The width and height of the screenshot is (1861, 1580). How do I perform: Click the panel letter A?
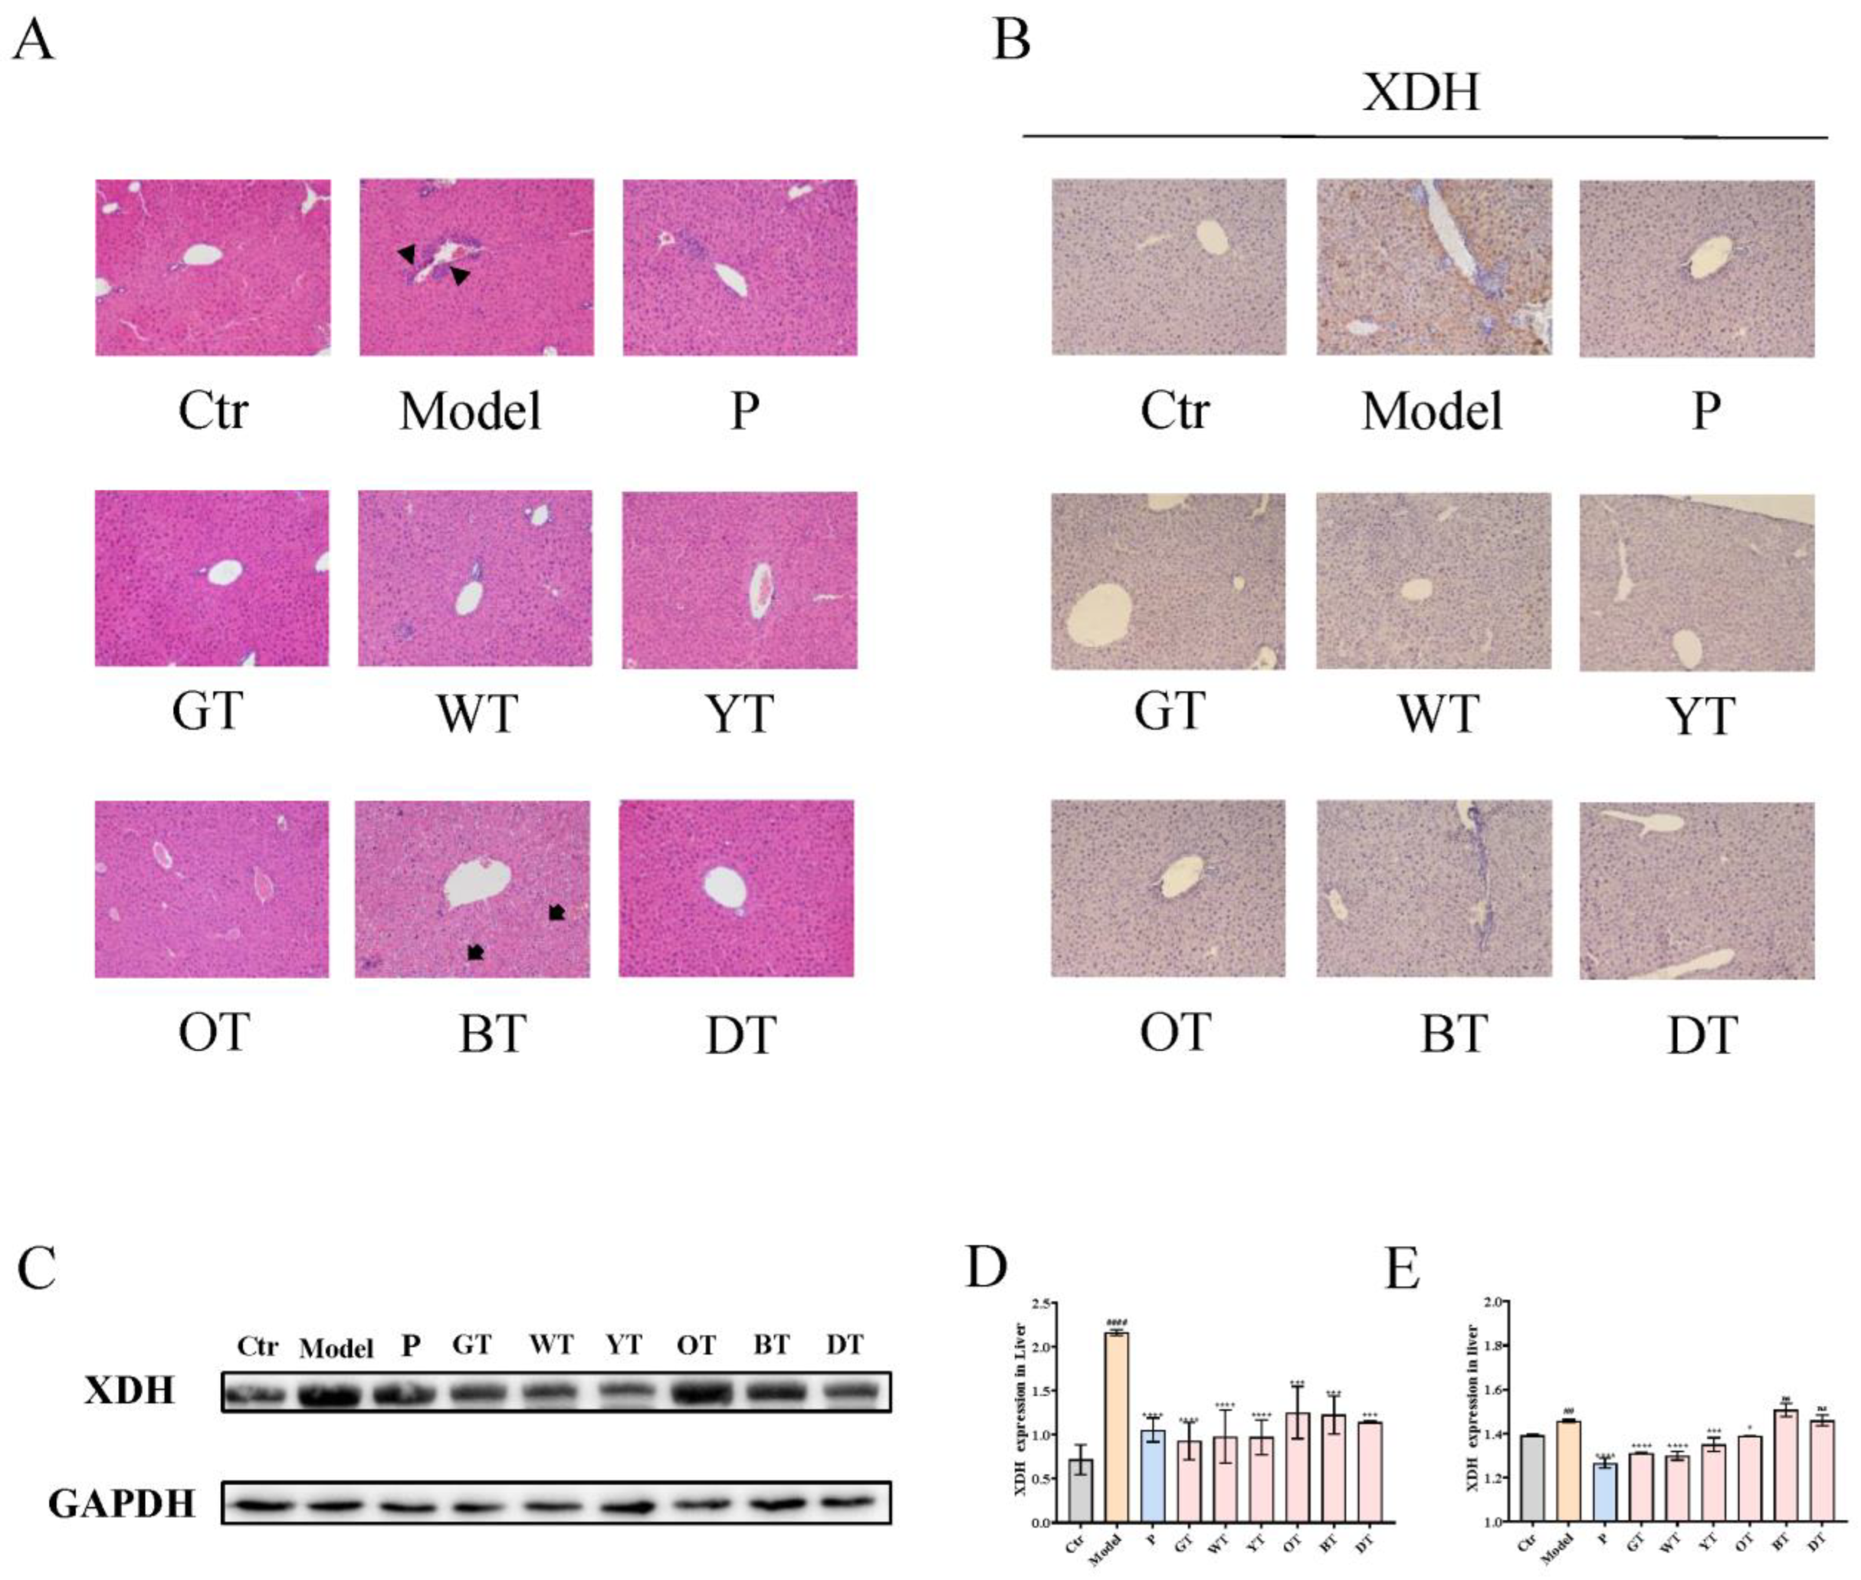click(32, 41)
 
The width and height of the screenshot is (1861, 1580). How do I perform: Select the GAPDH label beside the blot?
click(121, 1505)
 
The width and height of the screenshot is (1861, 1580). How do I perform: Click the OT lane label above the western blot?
click(696, 1345)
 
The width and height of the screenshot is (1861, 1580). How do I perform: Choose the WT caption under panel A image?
click(476, 715)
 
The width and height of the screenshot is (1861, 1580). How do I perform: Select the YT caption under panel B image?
click(1698, 716)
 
